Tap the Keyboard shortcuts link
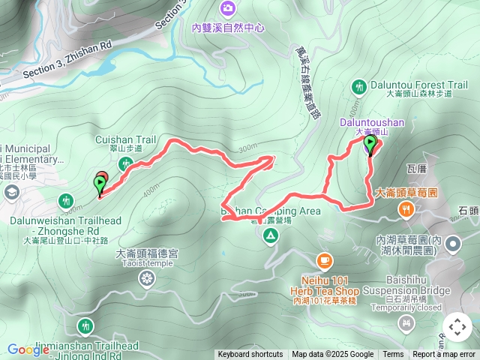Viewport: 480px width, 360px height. [250, 355]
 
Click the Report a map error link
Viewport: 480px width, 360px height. [444, 355]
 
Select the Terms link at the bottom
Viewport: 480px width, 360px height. [393, 355]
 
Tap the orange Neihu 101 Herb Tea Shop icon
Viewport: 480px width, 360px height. [324, 261]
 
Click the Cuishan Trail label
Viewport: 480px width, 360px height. [125, 139]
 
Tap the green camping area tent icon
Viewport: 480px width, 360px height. [270, 237]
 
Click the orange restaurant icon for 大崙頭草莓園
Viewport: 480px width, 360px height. [406, 210]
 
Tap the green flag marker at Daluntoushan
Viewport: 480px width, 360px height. [370, 143]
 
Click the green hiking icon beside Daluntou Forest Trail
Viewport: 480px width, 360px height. [359, 87]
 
